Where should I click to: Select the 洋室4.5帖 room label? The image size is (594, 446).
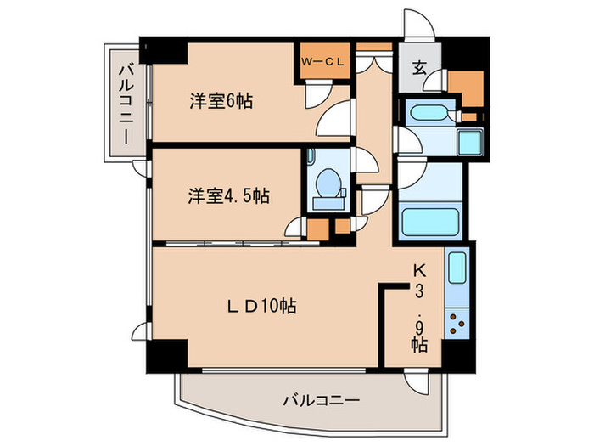(x=228, y=197)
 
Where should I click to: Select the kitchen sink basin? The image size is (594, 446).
(x=457, y=269)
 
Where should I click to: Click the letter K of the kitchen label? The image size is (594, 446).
(x=418, y=270)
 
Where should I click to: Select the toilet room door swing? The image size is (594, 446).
(x=362, y=161)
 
